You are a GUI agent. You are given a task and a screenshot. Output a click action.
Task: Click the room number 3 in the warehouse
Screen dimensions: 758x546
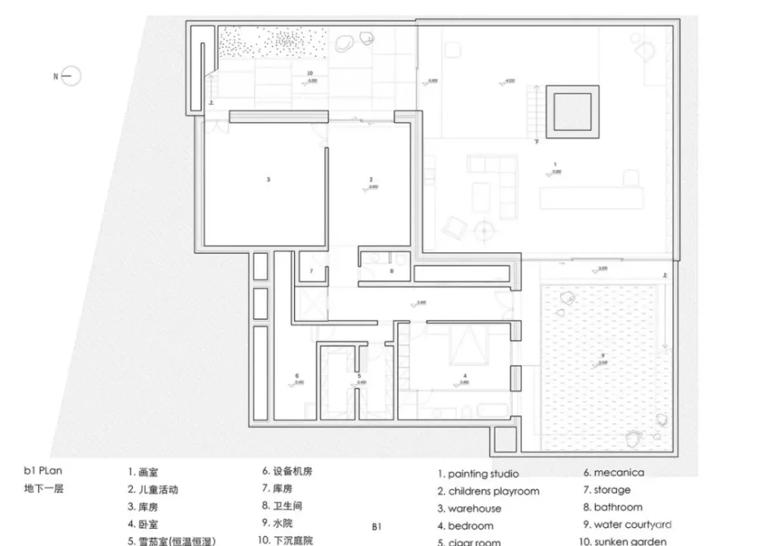(268, 180)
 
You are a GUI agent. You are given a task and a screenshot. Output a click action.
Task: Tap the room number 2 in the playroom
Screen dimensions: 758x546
(371, 179)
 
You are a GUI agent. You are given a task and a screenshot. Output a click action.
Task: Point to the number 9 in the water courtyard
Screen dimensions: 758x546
(603, 356)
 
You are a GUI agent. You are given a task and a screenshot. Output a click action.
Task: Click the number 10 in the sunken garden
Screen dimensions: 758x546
(309, 73)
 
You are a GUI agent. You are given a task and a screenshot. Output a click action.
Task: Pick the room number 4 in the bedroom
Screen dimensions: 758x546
(464, 375)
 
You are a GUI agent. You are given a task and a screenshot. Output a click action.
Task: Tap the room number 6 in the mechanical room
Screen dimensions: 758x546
(297, 375)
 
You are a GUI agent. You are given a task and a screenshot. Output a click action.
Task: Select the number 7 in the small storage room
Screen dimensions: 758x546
(311, 270)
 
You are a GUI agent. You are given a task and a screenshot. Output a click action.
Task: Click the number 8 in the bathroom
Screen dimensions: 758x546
(392, 270)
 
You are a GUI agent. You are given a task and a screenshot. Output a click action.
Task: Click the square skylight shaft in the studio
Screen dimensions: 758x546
(574, 111)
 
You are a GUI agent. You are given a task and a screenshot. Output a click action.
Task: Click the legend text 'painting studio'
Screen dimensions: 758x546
(483, 474)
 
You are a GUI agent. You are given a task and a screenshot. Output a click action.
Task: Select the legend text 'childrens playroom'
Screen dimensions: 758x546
(493, 491)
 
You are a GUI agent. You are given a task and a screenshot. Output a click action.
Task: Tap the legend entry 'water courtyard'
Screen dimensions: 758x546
(632, 524)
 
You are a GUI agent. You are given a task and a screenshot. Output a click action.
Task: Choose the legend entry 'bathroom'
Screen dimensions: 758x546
(618, 507)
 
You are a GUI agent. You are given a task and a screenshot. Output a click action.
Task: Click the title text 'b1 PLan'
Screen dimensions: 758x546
(42, 471)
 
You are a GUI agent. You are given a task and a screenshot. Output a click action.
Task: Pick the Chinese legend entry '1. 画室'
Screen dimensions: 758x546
(143, 473)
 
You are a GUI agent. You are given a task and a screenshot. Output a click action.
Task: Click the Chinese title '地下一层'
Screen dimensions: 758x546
(44, 488)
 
